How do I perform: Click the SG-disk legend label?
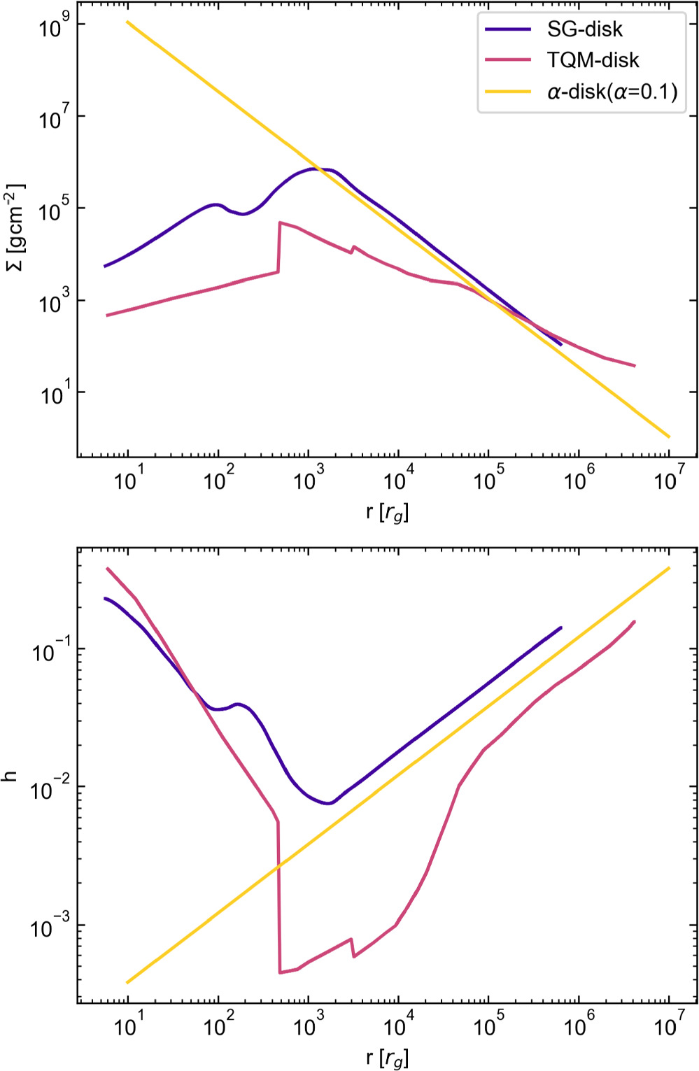584,30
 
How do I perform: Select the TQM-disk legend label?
593,60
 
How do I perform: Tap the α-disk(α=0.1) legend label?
612,91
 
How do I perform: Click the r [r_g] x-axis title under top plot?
387,513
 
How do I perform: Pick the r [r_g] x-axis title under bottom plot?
387,1058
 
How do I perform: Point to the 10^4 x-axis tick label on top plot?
398,482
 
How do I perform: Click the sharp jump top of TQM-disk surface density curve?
280,222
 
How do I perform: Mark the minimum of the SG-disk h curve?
328,803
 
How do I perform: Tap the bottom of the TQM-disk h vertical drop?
280,972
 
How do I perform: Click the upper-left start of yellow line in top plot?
127,22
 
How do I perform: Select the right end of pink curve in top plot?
634,366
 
